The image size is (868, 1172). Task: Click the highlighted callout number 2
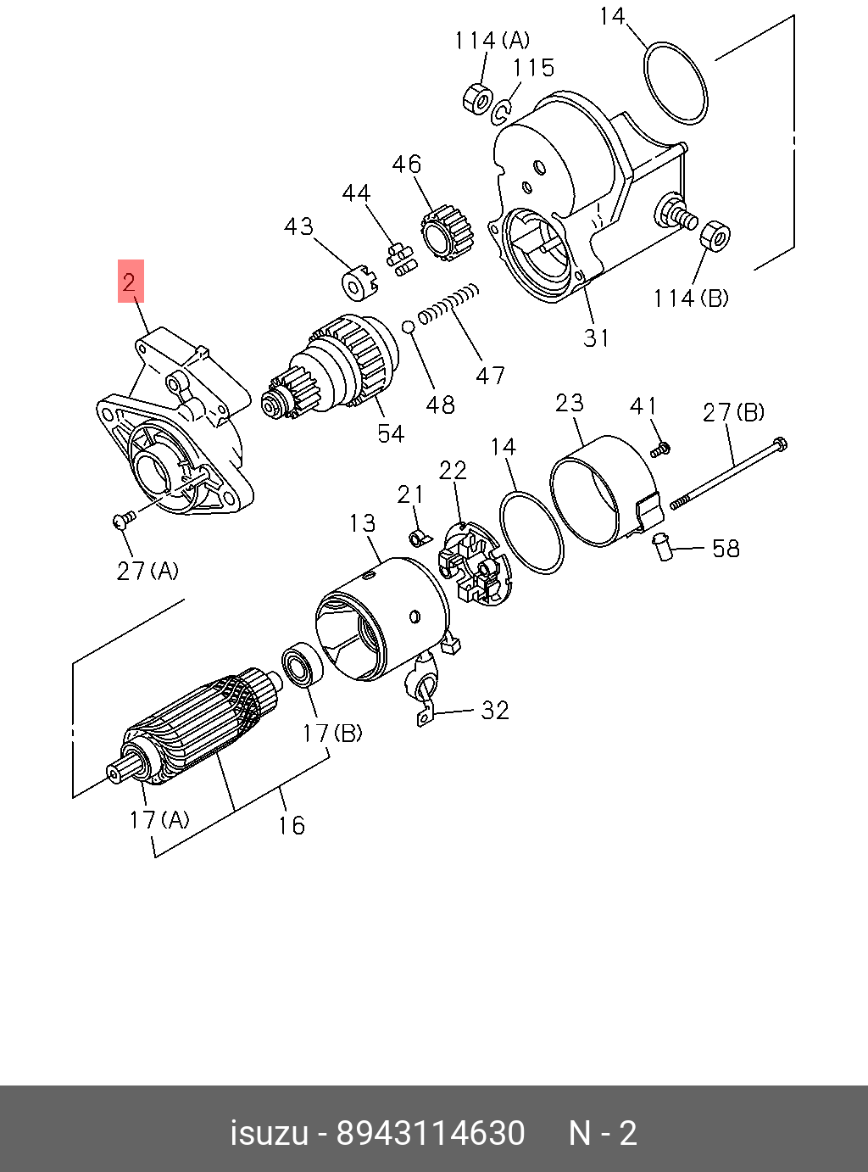(x=130, y=282)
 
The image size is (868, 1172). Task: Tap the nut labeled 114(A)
(x=477, y=98)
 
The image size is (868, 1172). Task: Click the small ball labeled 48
(x=408, y=326)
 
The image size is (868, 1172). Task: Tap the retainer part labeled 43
(x=358, y=284)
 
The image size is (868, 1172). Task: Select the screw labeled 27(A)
(x=123, y=518)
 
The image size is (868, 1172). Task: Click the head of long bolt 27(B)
(x=779, y=444)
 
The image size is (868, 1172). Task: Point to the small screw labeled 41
(x=661, y=448)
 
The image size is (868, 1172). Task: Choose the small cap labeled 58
(x=661, y=546)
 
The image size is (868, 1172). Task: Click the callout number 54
(x=391, y=433)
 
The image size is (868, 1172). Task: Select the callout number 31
(x=596, y=338)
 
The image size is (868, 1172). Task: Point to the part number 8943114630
(x=431, y=1133)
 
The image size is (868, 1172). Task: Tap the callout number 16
(x=291, y=825)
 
